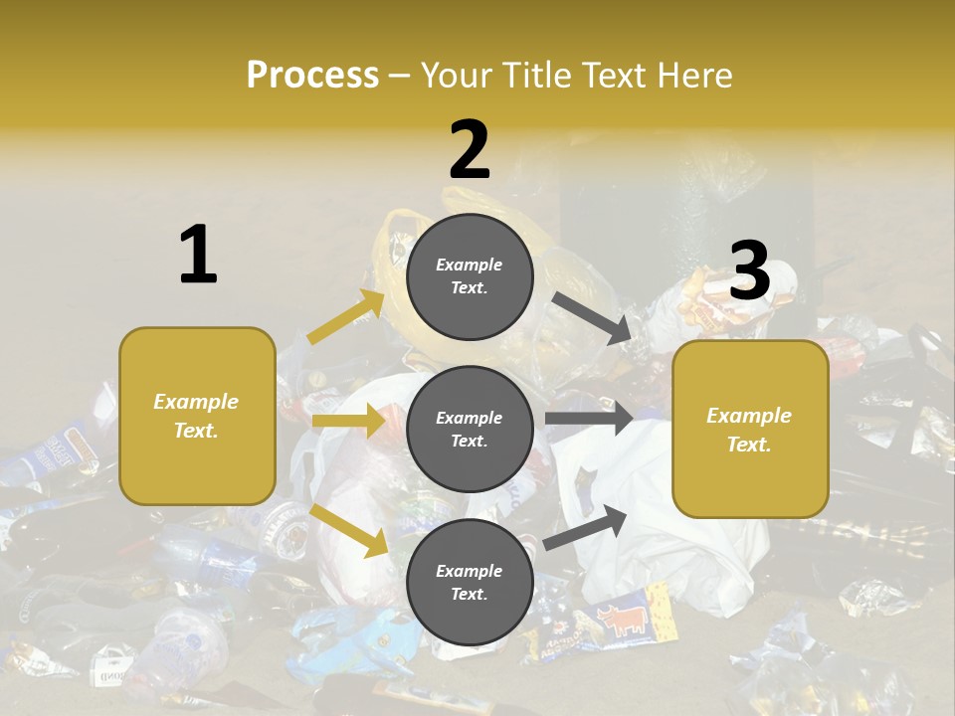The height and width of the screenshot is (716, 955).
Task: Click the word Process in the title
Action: tap(312, 75)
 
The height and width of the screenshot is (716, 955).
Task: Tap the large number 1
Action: tap(198, 255)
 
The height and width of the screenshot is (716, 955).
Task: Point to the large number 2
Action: tap(470, 149)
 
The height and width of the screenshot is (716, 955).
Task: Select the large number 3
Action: tap(750, 270)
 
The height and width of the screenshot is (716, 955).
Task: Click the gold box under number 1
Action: tap(197, 416)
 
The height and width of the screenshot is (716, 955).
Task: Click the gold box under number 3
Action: tap(750, 429)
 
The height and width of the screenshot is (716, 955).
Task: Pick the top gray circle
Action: tap(470, 275)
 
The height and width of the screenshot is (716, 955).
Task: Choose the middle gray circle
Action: tap(470, 429)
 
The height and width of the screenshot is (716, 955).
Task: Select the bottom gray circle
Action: tap(470, 582)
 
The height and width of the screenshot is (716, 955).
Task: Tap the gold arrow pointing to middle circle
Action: tap(348, 421)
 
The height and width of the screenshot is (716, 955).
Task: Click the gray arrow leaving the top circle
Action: tap(592, 318)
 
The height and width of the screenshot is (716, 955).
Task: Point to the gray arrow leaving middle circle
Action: tap(588, 418)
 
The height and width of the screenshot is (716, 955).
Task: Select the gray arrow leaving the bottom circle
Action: tap(586, 527)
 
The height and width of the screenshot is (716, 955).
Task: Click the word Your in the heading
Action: tap(458, 75)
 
